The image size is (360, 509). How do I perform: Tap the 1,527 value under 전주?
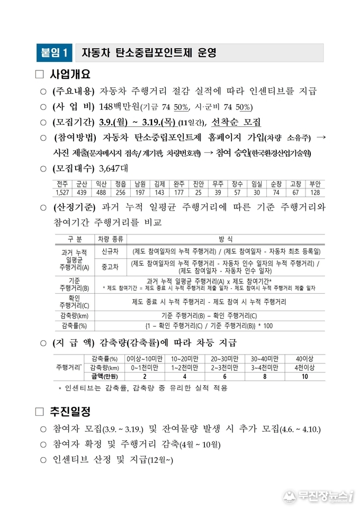point(62,192)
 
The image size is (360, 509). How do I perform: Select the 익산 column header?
point(101,184)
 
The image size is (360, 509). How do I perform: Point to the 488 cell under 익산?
point(101,192)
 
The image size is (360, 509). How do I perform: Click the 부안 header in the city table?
point(316,184)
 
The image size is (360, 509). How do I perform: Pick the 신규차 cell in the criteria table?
point(110,251)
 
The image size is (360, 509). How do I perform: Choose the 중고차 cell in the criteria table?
point(110,267)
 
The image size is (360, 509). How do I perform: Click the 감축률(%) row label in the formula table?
point(74,326)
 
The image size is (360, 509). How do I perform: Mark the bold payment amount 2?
point(145,376)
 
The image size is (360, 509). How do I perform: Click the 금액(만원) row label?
point(104,376)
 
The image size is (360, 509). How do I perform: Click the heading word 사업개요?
point(70,74)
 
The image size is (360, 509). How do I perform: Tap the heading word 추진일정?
point(70,411)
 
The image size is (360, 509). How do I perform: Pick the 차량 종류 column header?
point(110,239)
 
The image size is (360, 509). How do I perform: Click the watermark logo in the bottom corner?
point(318,496)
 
